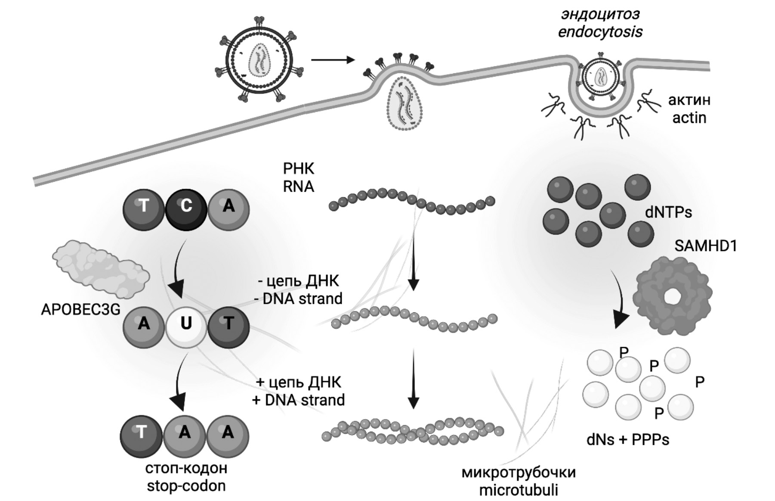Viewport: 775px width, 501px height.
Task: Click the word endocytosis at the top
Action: click(x=600, y=31)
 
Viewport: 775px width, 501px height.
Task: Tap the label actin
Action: click(x=689, y=118)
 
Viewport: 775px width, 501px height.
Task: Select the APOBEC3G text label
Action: click(x=80, y=309)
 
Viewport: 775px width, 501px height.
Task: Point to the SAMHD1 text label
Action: click(x=705, y=246)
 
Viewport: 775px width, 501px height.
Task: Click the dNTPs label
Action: click(x=668, y=212)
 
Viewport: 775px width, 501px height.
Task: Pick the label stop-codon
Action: click(x=186, y=485)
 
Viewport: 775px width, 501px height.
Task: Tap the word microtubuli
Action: click(x=518, y=490)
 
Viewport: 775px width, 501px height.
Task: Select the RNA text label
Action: click(x=298, y=186)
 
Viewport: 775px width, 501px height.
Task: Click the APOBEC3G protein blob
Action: click(x=101, y=267)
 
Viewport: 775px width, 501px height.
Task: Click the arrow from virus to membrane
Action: click(x=332, y=59)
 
